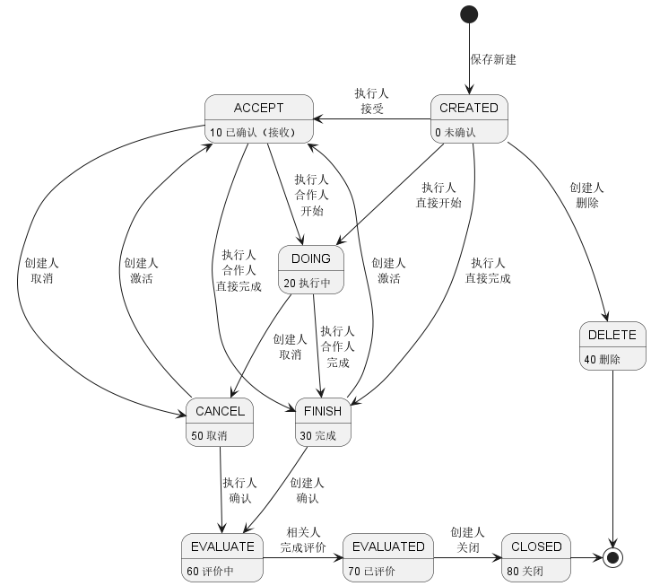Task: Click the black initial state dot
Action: (469, 14)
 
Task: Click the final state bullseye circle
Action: (612, 558)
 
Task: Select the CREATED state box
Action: (469, 118)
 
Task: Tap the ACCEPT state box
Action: (259, 118)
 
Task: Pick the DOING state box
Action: (311, 270)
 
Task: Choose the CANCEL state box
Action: (220, 423)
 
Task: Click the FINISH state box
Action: (323, 423)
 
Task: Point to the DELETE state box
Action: (612, 345)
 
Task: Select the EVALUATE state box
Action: (222, 558)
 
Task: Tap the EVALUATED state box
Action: (388, 558)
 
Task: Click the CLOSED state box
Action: (536, 558)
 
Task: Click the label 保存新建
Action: (493, 59)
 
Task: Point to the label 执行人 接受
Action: (371, 101)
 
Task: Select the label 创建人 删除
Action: (586, 196)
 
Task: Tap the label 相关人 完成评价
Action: (303, 540)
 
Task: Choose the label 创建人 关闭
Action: (467, 540)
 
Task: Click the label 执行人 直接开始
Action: (438, 196)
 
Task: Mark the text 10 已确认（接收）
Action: (253, 133)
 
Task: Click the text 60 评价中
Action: (210, 572)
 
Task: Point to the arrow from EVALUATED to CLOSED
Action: (468, 558)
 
